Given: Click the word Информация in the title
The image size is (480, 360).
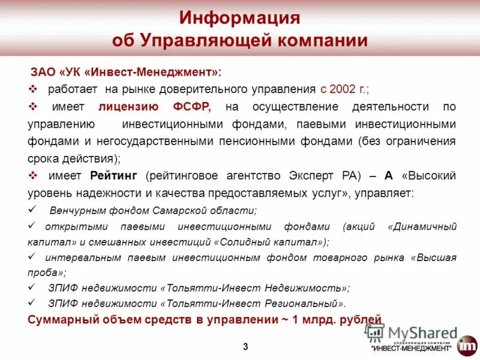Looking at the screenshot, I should [239, 18].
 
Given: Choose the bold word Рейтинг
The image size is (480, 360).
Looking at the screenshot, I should [114, 176].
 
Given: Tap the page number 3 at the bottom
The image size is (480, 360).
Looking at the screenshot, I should [245, 346].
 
